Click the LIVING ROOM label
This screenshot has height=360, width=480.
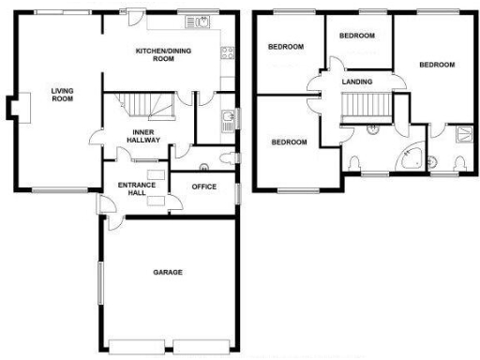[62, 94]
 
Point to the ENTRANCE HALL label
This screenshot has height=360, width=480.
[136, 190]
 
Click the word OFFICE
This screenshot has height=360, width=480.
[203, 187]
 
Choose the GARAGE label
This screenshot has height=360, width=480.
[168, 272]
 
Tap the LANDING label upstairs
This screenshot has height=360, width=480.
[356, 82]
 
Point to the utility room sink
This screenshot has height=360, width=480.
[227, 119]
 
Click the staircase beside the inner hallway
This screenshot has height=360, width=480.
[146, 103]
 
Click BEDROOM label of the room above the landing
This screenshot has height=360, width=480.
[356, 36]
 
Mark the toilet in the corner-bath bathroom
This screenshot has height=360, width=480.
[352, 164]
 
